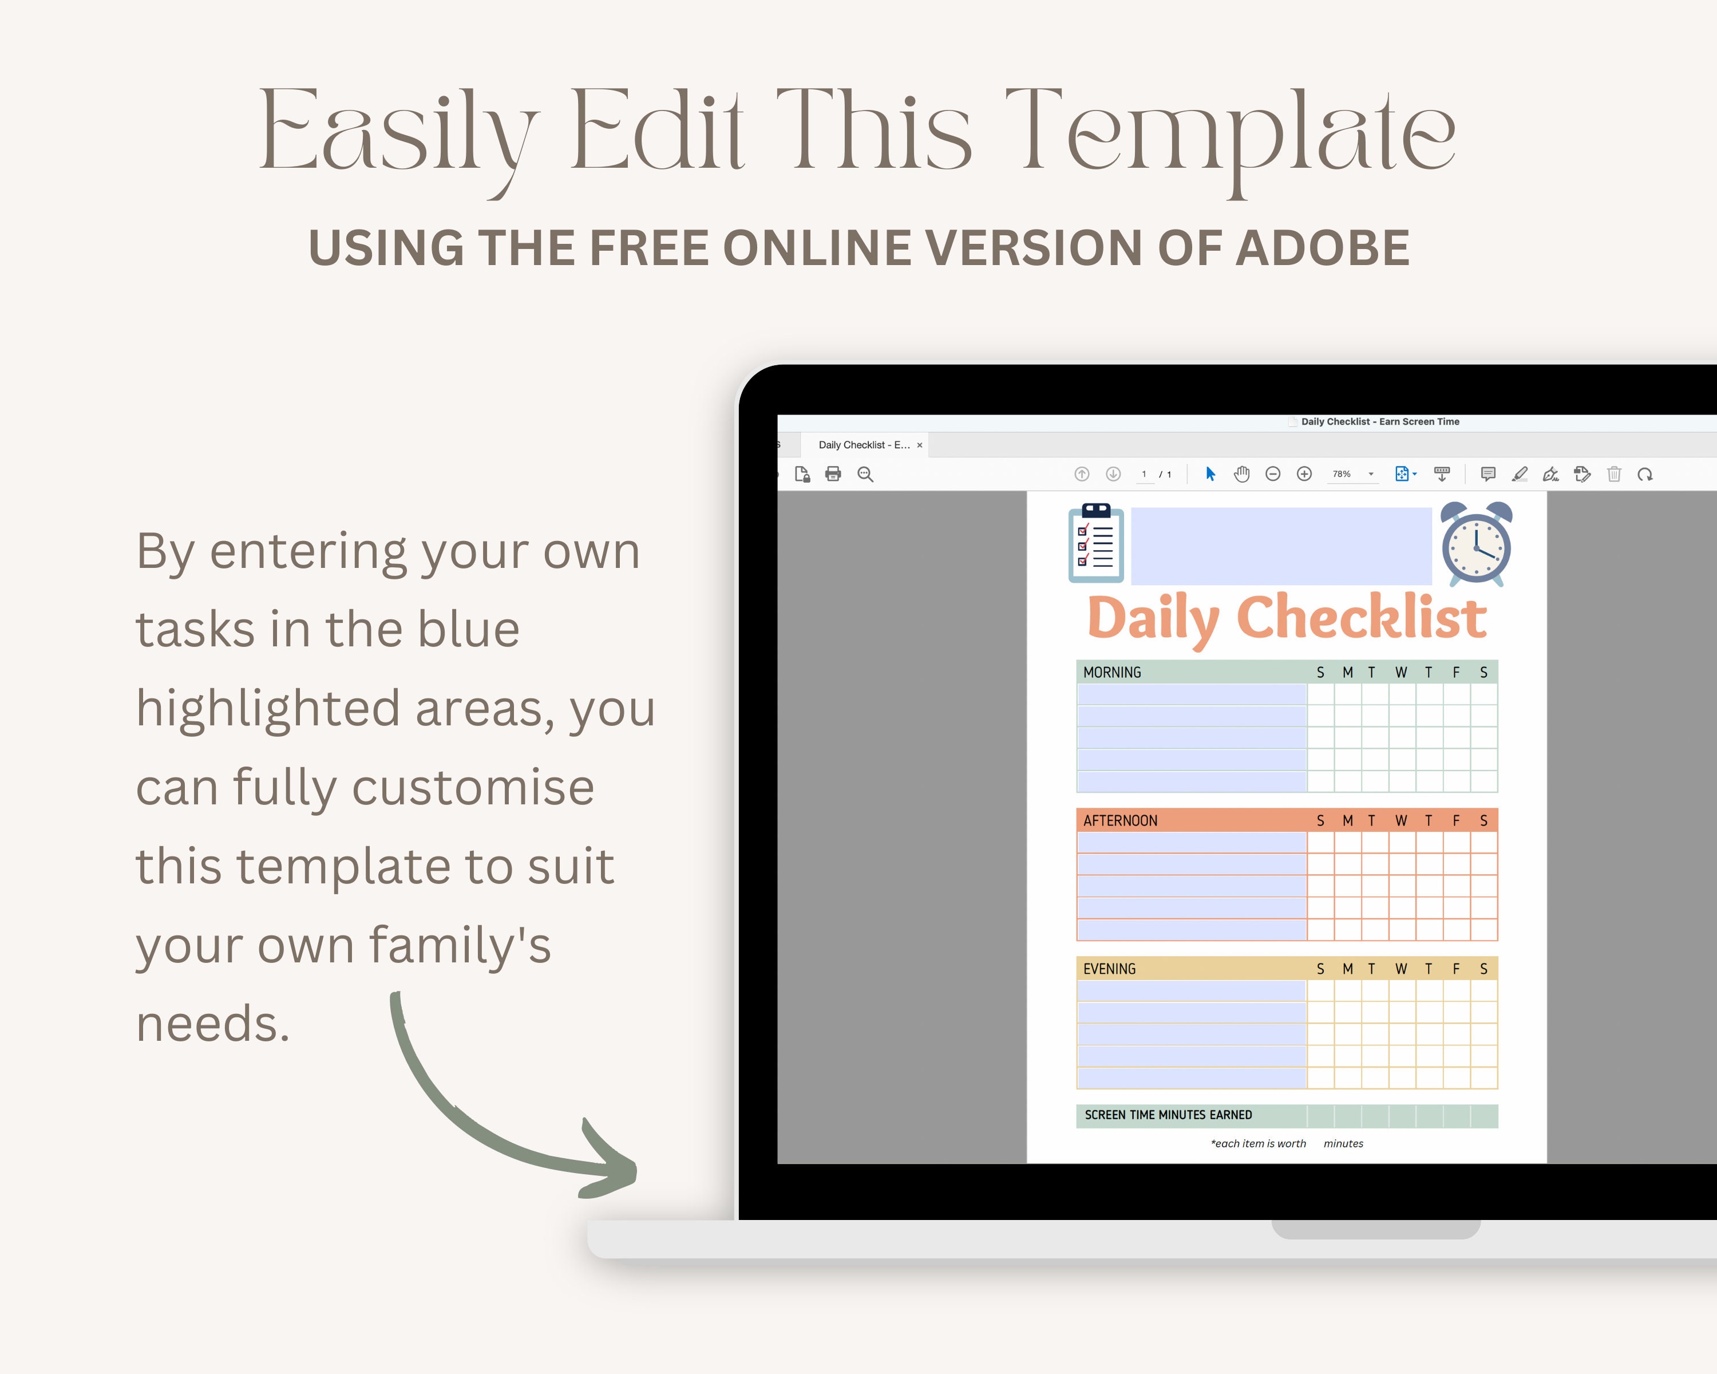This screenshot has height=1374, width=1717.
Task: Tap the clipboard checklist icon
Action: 1096,543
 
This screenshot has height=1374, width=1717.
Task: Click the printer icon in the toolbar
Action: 833,474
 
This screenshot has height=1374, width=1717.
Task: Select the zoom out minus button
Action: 1273,474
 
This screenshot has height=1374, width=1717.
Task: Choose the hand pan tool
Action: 1241,474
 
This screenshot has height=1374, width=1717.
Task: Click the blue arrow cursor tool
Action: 1210,474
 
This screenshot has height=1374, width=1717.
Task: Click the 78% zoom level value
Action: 1342,474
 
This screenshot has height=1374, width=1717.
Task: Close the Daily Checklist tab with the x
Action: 920,445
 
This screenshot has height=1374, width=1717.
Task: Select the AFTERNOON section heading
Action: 1119,820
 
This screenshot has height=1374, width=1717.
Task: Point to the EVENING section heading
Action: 1109,969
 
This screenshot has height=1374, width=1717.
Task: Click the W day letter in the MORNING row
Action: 1401,672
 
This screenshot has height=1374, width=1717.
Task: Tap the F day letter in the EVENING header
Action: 1456,969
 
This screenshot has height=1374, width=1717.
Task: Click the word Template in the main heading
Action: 1231,132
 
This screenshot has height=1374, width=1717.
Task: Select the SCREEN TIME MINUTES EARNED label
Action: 1168,1115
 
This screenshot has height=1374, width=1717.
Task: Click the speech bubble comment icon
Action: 1487,474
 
